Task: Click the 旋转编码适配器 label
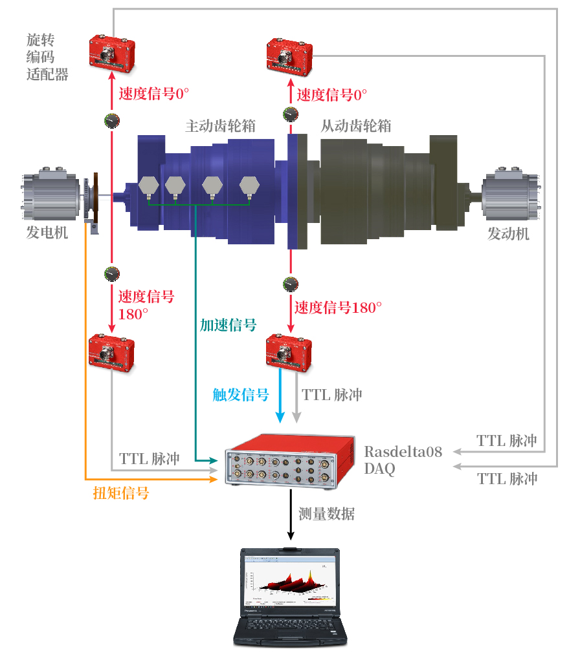coord(47,57)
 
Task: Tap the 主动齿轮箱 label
coord(220,126)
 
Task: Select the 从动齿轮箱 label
coord(356,126)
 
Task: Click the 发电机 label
coord(47,232)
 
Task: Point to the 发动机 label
coord(508,233)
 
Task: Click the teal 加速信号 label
coord(229,325)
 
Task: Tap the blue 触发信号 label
coord(241,394)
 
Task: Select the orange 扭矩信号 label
coord(121,493)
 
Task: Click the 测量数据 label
coord(326,514)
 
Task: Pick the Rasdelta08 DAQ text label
coord(403,460)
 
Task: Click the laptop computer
coord(291,597)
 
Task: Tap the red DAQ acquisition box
coord(290,462)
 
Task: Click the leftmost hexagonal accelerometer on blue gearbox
coord(148,187)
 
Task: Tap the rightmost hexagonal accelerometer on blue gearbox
coord(249,187)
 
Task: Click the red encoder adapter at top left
coord(112,54)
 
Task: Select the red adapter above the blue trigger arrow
coord(289,352)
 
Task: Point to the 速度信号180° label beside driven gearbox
coord(338,308)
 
